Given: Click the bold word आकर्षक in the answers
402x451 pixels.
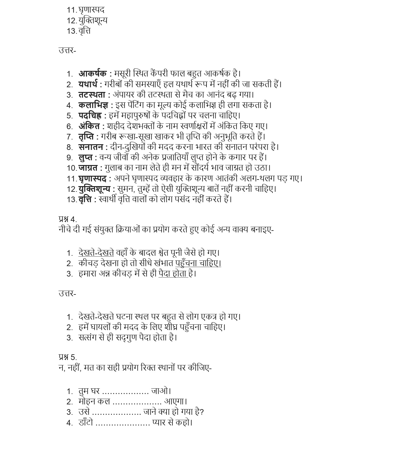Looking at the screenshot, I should point(92,73).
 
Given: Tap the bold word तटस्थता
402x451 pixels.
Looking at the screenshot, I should point(92,94).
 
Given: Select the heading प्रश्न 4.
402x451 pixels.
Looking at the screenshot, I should point(67,219).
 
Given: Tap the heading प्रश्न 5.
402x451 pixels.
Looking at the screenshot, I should point(67,357).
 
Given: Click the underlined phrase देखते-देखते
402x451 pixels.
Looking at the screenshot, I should point(96,253).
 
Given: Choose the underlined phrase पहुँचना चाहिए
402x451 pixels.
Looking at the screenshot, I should point(198,263).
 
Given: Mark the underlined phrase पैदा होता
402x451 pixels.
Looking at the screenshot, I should point(173,273).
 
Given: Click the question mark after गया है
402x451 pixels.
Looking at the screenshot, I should point(202,412).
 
